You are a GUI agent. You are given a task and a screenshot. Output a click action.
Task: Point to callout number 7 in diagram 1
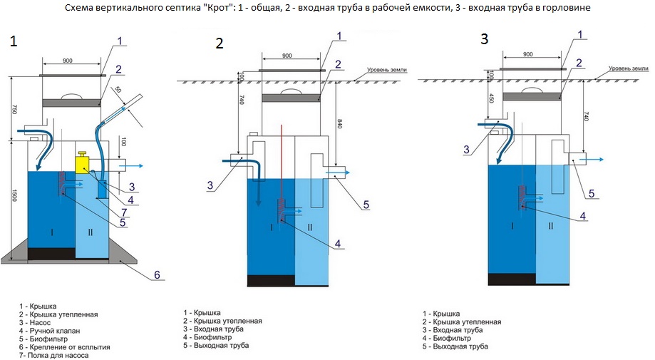(125, 213)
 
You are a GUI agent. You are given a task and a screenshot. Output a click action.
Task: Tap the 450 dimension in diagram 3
(492, 98)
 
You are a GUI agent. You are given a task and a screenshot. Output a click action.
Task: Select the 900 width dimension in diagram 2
(287, 56)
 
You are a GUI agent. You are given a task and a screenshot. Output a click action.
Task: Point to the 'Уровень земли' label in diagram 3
(629, 69)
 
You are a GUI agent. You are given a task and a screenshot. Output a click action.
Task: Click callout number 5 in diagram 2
(366, 205)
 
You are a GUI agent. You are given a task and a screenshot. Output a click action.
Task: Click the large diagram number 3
(484, 40)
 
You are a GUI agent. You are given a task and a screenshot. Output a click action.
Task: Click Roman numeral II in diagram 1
(90, 232)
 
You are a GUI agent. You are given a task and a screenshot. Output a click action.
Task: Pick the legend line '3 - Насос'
(36, 322)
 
